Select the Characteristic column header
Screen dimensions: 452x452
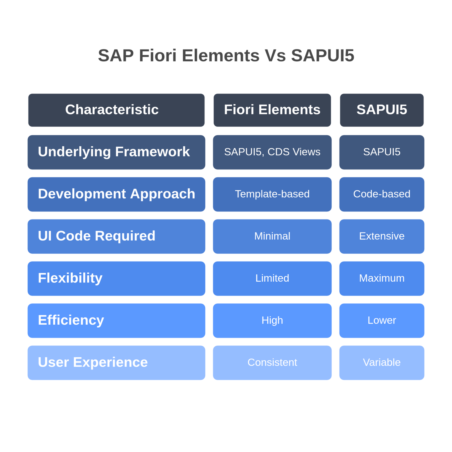[116, 110]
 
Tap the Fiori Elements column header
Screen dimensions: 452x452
[272, 110]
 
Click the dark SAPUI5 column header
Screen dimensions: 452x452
[382, 110]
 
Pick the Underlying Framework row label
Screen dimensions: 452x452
[116, 152]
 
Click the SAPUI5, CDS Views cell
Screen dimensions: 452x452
[272, 152]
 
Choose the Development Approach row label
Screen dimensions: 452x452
[116, 194]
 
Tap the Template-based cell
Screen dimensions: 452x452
[272, 194]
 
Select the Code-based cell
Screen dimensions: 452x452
[382, 194]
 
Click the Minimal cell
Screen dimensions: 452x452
[272, 236]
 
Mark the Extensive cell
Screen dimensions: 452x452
[382, 236]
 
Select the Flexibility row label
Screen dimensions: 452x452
[116, 279]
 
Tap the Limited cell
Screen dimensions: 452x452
[272, 279]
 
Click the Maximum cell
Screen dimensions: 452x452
[382, 279]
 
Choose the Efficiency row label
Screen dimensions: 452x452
[116, 321]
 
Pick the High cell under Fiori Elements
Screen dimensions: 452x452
[272, 321]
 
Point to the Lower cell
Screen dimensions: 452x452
[382, 321]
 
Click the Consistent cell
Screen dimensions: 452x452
[272, 363]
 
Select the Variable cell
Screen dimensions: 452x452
[382, 363]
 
